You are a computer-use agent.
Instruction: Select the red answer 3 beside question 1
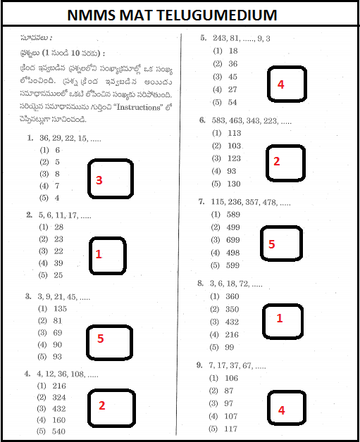pyautogui.click(x=99, y=181)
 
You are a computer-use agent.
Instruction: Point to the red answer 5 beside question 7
pyautogui.click(x=271, y=244)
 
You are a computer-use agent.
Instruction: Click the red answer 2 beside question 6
pyautogui.click(x=276, y=161)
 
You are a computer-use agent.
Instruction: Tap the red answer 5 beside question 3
pyautogui.click(x=100, y=339)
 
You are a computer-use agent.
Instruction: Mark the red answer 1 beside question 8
pyautogui.click(x=279, y=318)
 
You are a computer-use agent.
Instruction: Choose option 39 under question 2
pyautogui.click(x=58, y=263)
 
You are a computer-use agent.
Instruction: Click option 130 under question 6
pyautogui.click(x=234, y=183)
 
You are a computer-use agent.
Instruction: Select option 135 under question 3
pyautogui.click(x=61, y=309)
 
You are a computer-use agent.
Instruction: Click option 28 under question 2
pyautogui.click(x=58, y=227)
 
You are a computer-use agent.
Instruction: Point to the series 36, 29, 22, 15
pyautogui.click(x=66, y=139)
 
